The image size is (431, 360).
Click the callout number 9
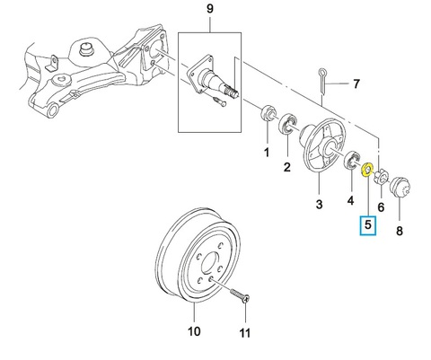(x=210, y=9)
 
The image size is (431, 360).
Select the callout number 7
(x=356, y=83)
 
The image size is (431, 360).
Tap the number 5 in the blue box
(x=368, y=224)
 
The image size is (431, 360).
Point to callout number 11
(x=245, y=333)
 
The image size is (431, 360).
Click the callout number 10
(x=194, y=331)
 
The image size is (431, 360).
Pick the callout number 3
(x=319, y=205)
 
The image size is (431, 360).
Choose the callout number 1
(x=267, y=153)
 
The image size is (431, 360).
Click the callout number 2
(x=287, y=167)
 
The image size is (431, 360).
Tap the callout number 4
(x=350, y=200)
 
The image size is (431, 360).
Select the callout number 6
(x=381, y=206)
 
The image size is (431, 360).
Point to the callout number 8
(x=400, y=231)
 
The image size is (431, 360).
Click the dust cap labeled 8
(x=400, y=187)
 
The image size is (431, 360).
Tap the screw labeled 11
(x=240, y=295)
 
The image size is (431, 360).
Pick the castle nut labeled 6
(x=381, y=176)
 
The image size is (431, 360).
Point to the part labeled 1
(x=267, y=114)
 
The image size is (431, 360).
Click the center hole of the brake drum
(x=210, y=263)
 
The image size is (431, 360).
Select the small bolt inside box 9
(x=221, y=101)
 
